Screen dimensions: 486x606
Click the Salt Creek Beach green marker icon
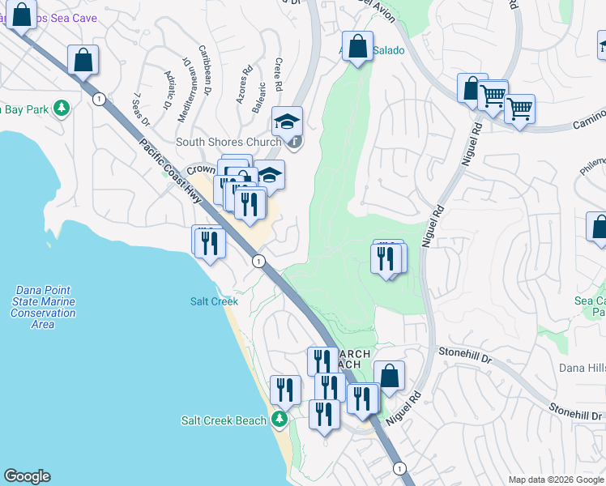280,420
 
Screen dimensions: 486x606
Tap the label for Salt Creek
214,301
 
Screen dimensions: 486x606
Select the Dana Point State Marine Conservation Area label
43,307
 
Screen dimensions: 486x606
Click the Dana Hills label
582,368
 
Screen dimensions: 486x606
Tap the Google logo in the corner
27,476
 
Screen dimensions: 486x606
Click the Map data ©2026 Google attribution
555,480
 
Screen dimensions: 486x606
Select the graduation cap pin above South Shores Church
287,122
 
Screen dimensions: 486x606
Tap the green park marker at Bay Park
60,109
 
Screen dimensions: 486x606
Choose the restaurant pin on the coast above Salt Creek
209,241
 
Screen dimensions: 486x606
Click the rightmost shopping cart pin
519,109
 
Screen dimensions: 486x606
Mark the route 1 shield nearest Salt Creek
258,261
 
